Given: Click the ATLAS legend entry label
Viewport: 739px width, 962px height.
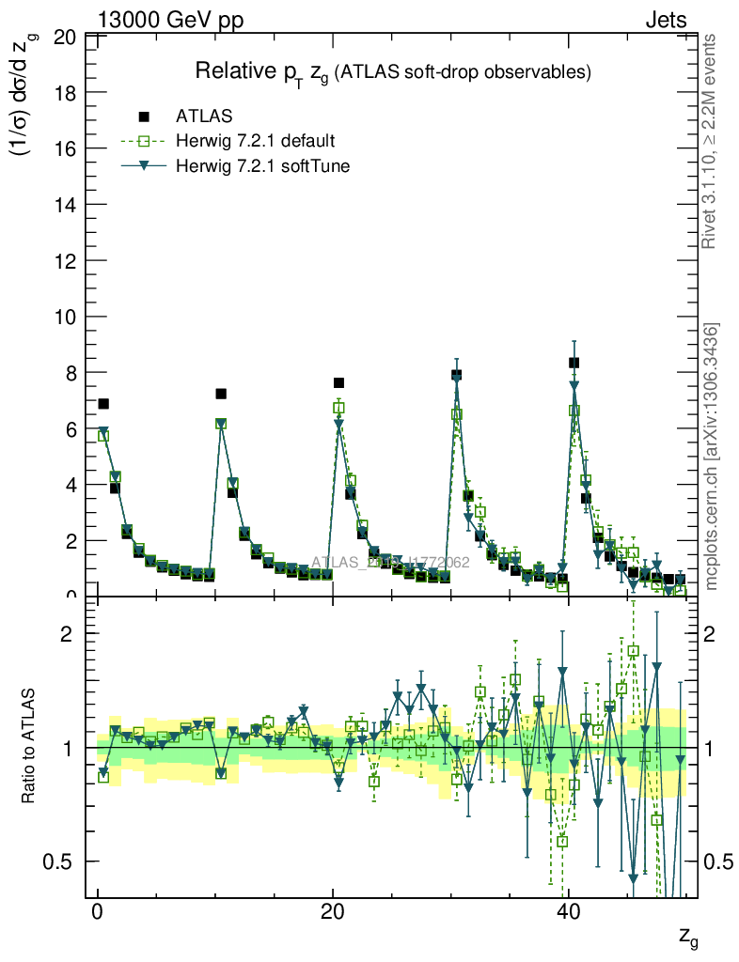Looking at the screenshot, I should pyautogui.click(x=204, y=116).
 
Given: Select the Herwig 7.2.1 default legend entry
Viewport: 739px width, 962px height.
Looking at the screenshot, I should pyautogui.click(x=255, y=142).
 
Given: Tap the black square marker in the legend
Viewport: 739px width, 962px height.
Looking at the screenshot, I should pyautogui.click(x=144, y=116).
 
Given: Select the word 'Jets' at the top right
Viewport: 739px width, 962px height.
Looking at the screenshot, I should pyautogui.click(x=666, y=19).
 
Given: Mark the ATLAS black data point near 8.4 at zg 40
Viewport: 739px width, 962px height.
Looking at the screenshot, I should pyautogui.click(x=574, y=363).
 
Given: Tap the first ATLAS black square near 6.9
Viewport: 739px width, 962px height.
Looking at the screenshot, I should pyautogui.click(x=103, y=404).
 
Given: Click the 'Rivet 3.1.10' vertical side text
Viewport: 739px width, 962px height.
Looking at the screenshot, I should pyautogui.click(x=710, y=141).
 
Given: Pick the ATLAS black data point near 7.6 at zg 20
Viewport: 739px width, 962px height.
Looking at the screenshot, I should pyautogui.click(x=338, y=383).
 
